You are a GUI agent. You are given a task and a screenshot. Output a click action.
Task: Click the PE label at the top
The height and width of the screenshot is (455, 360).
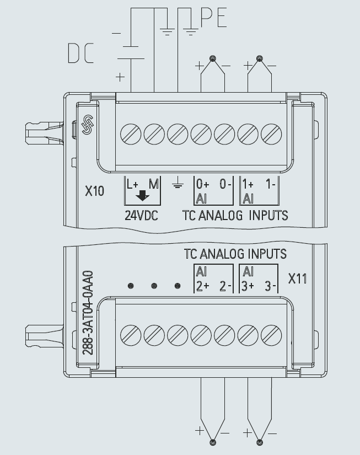[x=213, y=19]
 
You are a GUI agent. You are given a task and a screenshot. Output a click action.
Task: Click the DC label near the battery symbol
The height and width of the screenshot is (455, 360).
[x=81, y=53]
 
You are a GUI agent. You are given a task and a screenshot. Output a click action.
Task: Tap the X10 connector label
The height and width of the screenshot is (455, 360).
[x=94, y=191]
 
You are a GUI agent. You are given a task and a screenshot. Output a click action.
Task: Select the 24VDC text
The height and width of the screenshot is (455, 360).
[x=141, y=216]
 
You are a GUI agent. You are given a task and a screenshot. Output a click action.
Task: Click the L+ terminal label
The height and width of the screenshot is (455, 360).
[x=133, y=184]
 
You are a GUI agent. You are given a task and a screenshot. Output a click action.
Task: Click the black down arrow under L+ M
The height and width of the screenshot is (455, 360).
[x=143, y=196]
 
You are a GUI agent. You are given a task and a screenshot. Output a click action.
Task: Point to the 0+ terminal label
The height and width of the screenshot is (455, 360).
[x=202, y=184]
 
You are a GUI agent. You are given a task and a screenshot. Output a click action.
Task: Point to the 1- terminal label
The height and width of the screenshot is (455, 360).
[x=270, y=184]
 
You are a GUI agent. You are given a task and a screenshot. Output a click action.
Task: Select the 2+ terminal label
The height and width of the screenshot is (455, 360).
[x=202, y=286]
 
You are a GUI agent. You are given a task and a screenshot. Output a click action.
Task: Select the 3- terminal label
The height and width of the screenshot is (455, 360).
[x=270, y=286]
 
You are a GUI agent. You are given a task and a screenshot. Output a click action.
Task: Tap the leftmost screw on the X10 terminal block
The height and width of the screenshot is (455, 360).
[x=131, y=133]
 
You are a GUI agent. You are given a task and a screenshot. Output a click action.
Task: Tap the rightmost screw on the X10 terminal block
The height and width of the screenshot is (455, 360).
[x=271, y=133]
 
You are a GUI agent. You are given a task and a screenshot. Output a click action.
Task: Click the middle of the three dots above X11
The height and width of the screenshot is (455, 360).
[x=154, y=286]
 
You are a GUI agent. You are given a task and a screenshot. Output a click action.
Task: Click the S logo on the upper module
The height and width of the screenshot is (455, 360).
[x=87, y=125]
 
